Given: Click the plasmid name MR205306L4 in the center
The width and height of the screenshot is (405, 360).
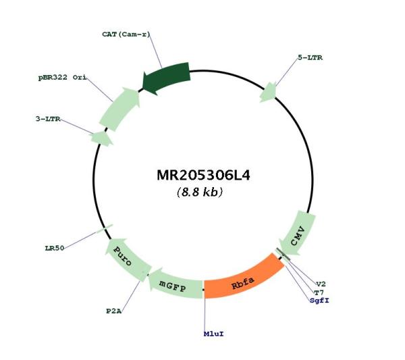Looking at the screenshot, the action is click(203, 176).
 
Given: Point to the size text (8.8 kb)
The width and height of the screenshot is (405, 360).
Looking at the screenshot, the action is click(200, 192).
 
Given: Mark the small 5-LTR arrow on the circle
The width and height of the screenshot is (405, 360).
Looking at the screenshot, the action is click(269, 93).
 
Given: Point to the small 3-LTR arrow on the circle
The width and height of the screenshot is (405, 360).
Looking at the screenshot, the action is click(101, 138).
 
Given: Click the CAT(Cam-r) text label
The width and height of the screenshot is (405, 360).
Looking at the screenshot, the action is click(126, 34).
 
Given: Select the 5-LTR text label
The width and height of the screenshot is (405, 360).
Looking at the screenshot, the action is click(310, 57).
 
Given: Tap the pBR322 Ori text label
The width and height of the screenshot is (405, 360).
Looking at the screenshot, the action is click(62, 77).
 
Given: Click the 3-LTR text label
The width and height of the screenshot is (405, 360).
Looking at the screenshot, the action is click(48, 119).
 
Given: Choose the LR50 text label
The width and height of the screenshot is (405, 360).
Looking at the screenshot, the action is click(54, 249).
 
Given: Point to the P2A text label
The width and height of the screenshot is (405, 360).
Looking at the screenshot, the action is click(113, 311).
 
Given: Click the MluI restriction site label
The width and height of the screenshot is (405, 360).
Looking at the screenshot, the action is click(213, 334).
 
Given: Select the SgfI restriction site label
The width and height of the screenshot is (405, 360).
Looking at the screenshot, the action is click(319, 301).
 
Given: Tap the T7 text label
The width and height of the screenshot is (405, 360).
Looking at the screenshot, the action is click(319, 292).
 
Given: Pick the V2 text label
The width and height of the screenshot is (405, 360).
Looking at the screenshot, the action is click(321, 284).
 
